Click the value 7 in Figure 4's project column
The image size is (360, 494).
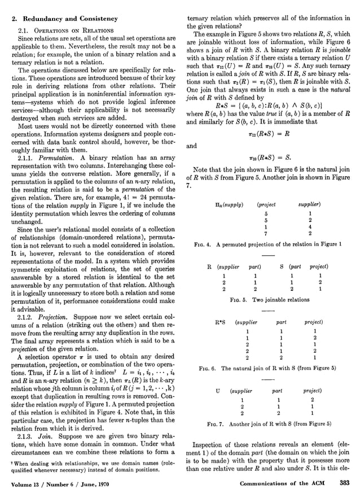265,233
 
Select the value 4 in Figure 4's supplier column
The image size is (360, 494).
310,226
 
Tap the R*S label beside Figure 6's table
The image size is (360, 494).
220,322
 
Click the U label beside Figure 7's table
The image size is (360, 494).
218,390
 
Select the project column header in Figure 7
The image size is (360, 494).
313,390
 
